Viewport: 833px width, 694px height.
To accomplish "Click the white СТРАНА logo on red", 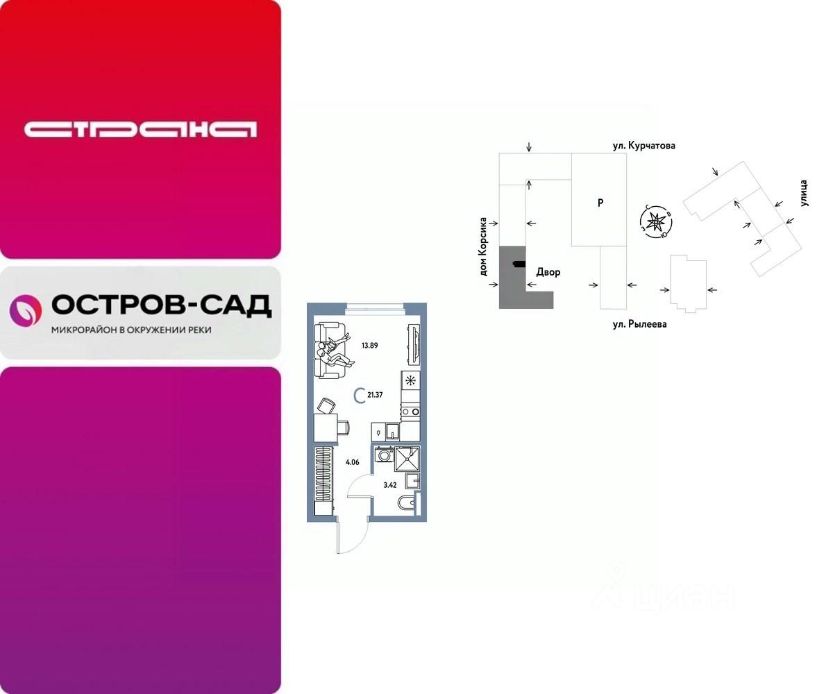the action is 140,129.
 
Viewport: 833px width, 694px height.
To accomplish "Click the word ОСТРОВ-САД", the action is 161,305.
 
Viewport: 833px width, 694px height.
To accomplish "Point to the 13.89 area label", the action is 369,345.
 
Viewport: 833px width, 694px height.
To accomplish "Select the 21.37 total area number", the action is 375,396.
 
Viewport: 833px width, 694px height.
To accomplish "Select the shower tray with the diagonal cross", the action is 407,459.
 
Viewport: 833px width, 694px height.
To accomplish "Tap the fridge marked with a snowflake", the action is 410,380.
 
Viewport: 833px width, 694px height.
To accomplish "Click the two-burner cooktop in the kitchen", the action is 410,412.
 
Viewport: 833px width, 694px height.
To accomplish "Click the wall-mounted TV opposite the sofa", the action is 414,344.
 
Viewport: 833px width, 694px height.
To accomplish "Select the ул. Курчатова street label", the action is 643,146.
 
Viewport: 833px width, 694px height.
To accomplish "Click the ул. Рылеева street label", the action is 639,324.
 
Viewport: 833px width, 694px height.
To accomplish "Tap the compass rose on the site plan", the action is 656,223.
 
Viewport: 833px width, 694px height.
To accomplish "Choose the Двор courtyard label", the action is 548,272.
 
